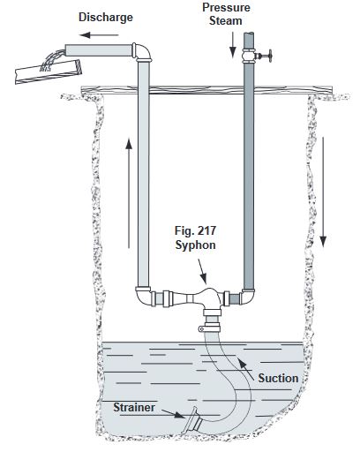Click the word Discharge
click(106, 18)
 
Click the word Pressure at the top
click(226, 7)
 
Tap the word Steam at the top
click(226, 21)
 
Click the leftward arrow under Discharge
click(99, 35)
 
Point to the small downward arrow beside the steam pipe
click(233, 45)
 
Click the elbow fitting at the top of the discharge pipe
click(142, 52)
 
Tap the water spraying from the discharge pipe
click(51, 61)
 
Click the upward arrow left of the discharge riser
click(129, 193)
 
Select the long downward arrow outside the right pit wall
click(323, 192)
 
